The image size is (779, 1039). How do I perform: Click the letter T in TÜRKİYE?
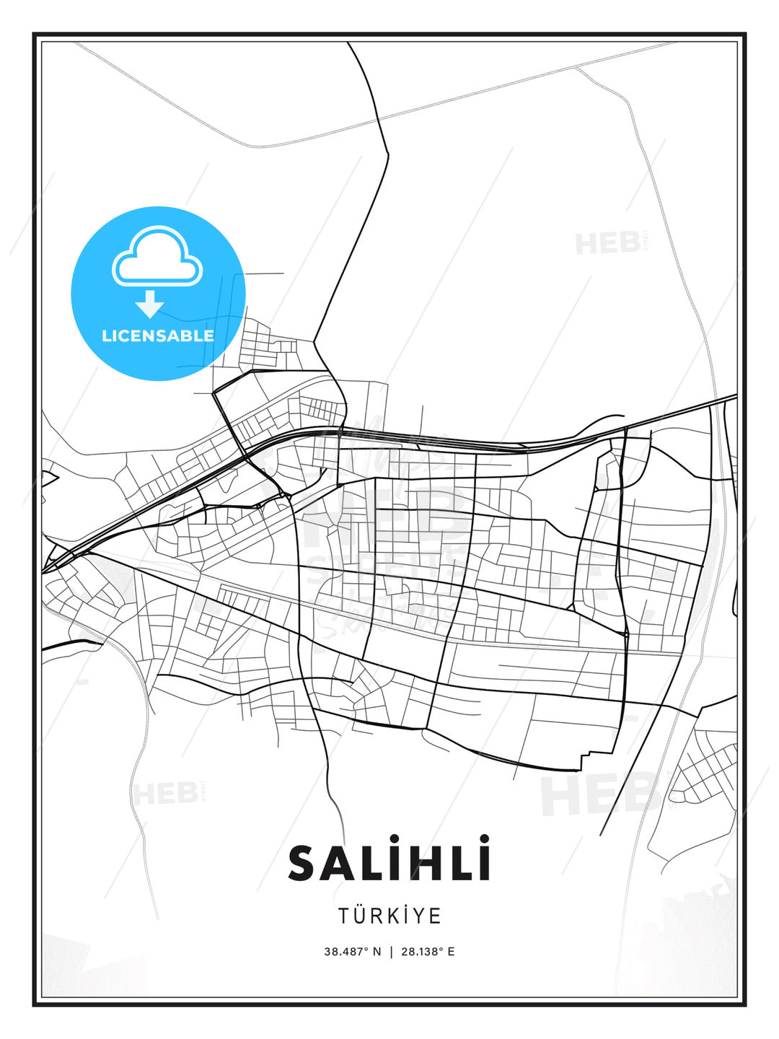coord(345,916)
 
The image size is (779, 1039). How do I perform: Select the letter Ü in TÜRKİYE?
coord(362,916)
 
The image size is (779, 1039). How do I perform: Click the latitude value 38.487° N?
coord(352,952)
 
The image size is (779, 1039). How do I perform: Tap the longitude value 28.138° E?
coord(428,952)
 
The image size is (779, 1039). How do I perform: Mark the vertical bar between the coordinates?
coord(390,952)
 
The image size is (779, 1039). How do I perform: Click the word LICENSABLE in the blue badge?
coord(158,336)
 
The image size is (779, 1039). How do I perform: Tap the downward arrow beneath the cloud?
coord(150,304)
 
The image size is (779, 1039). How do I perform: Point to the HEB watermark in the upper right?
coord(608,244)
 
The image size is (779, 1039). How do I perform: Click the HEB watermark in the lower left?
coord(165,794)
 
